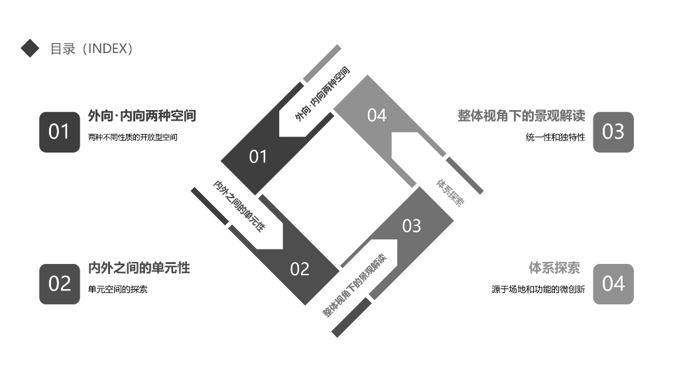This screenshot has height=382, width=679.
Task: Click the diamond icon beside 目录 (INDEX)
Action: point(31,48)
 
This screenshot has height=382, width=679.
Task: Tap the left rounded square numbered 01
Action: point(60,132)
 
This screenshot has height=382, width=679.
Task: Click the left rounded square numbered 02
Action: point(60,284)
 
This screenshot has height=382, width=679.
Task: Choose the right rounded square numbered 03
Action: point(613,132)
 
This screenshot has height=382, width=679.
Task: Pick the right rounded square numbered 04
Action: point(613,284)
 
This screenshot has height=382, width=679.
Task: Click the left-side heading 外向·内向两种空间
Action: point(142,116)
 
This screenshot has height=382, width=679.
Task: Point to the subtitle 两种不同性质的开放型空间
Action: point(133,137)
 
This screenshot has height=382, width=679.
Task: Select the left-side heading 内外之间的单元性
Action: point(139,268)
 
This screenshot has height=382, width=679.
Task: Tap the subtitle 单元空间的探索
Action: point(117,289)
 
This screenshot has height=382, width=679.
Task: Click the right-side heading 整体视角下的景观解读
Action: point(521,116)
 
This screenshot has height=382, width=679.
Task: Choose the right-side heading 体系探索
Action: point(554,268)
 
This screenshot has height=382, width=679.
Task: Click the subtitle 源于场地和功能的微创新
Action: point(538,289)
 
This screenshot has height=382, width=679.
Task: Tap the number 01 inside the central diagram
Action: point(258,157)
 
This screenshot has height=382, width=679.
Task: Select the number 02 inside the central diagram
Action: point(300,269)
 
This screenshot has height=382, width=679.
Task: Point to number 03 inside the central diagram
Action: point(412,226)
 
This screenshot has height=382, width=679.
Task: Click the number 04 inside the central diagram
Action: point(377,115)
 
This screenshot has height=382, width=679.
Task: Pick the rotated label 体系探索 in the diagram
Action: point(450,192)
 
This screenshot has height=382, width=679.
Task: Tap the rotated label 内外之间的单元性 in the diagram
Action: point(239,206)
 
